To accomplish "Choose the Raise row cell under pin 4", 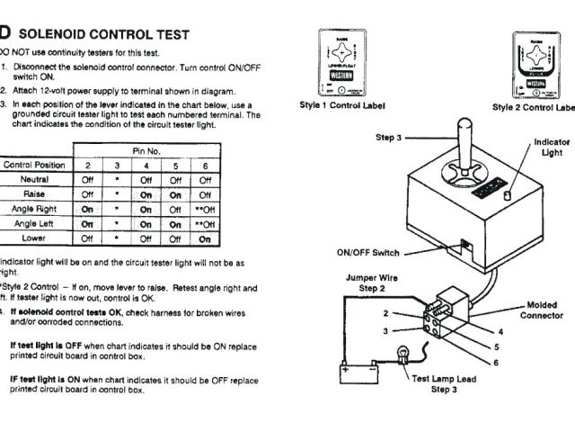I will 146,194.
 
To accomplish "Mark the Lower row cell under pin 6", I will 205,238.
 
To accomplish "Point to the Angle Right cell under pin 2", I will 87,209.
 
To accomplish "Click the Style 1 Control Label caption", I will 341,105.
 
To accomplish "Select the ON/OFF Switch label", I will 367,253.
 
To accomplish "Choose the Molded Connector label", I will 542,310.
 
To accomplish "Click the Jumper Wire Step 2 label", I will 371,283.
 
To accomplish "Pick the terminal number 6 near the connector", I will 495,362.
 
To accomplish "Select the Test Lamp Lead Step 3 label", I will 442,384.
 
